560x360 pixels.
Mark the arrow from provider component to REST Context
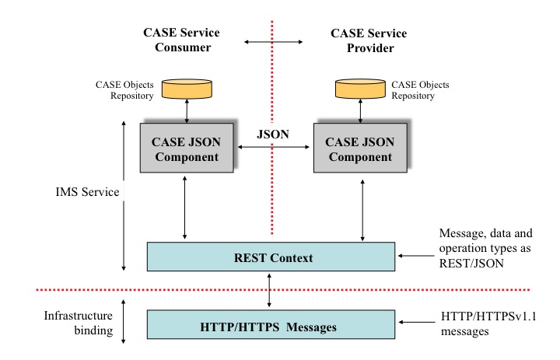tap(362, 208)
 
